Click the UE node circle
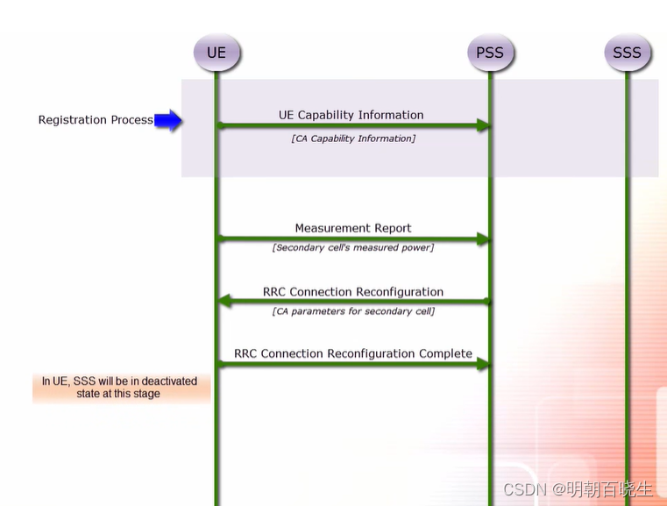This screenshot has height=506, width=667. pyautogui.click(x=216, y=53)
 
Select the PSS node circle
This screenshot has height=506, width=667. pyautogui.click(x=489, y=53)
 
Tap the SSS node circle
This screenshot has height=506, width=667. pyautogui.click(x=627, y=53)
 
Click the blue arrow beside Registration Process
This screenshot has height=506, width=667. pyautogui.click(x=167, y=120)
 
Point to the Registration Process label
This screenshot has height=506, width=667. pyautogui.click(x=96, y=120)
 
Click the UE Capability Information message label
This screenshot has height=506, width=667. pyautogui.click(x=351, y=115)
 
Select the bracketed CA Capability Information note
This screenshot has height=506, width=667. pyautogui.click(x=353, y=139)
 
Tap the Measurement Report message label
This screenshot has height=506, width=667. pyautogui.click(x=353, y=228)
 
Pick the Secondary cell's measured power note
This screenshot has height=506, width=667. pyautogui.click(x=353, y=247)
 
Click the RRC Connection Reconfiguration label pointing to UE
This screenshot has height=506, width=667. pyautogui.click(x=353, y=292)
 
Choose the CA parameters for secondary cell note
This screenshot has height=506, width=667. pyautogui.click(x=353, y=311)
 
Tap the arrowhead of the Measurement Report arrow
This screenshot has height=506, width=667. pyautogui.click(x=483, y=239)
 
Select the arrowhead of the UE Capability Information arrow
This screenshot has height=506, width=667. pyautogui.click(x=483, y=126)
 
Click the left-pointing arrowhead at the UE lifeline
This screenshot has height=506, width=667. pyautogui.click(x=224, y=302)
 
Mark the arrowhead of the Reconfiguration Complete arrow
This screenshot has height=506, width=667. pyautogui.click(x=483, y=364)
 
